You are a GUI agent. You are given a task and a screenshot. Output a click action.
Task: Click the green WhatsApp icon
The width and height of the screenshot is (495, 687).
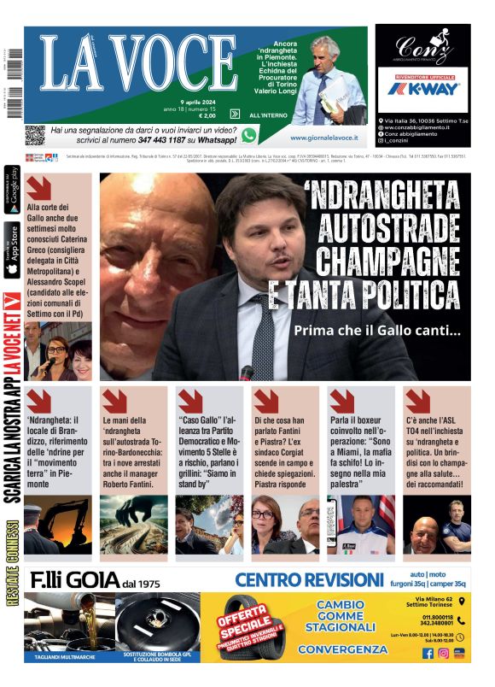[x=249, y=135]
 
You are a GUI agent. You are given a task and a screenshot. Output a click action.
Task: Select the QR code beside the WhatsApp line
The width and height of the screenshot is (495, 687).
[x=34, y=135]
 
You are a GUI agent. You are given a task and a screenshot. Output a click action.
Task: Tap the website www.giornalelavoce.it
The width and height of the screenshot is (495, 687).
[x=323, y=137]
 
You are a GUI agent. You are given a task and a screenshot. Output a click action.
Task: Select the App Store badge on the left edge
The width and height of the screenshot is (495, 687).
[x=12, y=249]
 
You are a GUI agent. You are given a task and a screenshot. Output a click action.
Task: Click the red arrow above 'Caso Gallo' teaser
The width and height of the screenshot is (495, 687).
[x=189, y=400]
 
